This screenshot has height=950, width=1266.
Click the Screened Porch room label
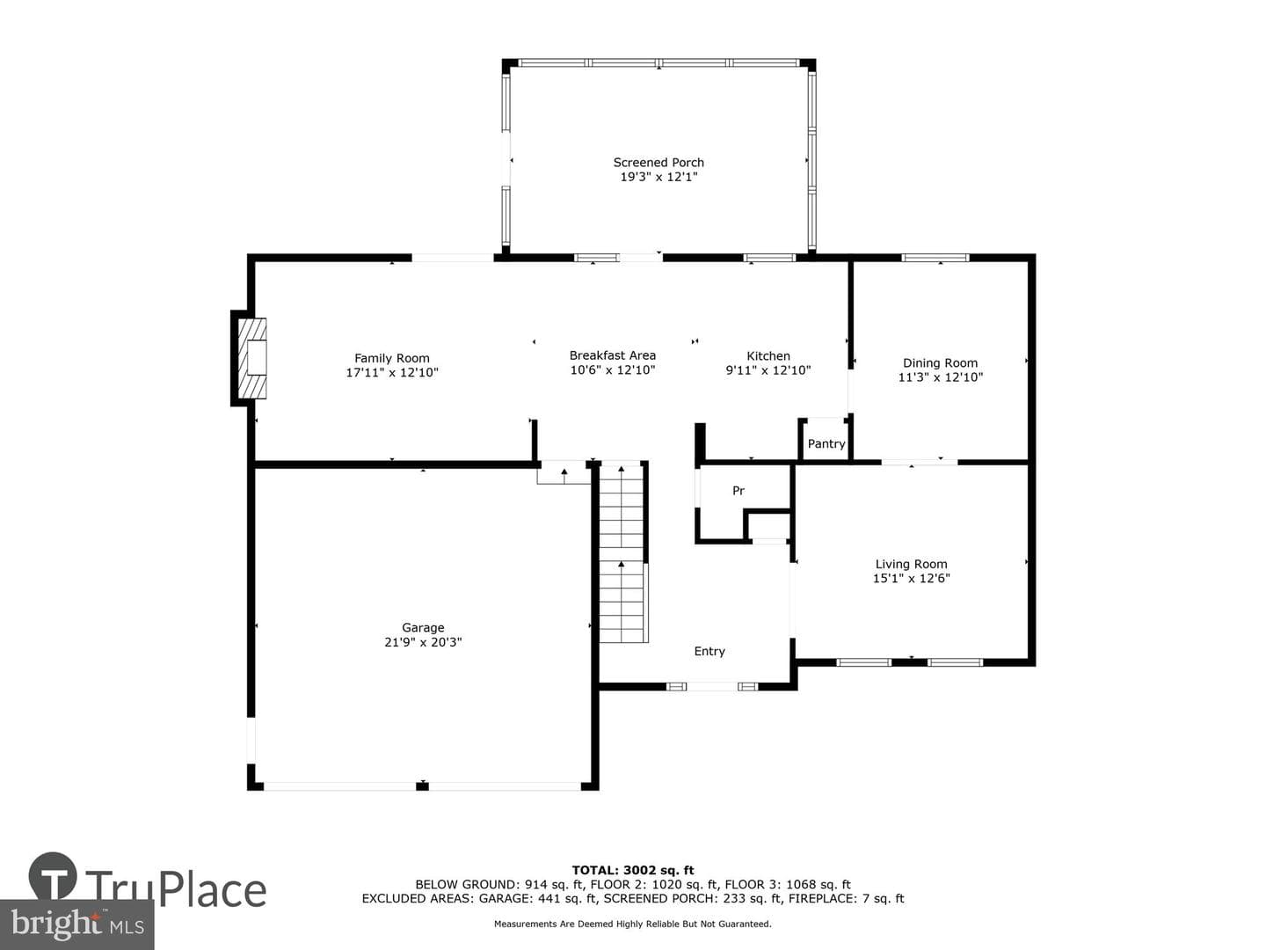click(658, 163)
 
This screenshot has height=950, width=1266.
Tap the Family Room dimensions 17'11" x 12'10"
click(392, 373)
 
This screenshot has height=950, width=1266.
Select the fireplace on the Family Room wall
click(250, 358)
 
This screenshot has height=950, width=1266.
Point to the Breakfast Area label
click(613, 355)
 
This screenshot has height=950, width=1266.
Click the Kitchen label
click(768, 356)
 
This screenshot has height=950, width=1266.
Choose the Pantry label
click(826, 443)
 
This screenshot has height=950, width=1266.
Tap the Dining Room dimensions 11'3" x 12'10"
click(940, 377)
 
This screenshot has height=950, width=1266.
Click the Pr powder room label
click(738, 490)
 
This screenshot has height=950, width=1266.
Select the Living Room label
click(912, 564)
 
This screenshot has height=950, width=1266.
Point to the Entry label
click(709, 651)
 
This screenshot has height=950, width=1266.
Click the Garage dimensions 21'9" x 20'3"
click(424, 642)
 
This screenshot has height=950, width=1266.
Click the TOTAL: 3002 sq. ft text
click(633, 871)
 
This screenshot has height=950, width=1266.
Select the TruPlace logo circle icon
click(53, 877)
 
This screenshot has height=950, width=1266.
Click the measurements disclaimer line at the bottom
click(633, 924)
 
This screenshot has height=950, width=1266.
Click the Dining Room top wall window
click(935, 258)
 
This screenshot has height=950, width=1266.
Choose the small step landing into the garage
click(564, 473)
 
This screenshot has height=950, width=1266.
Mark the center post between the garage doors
click(423, 786)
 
